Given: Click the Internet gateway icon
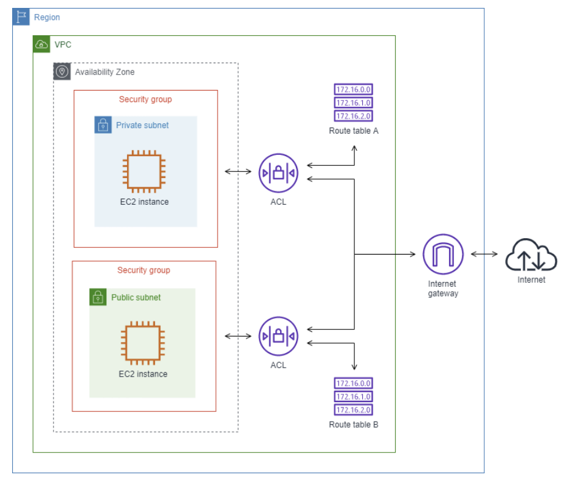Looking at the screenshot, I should coord(443,254).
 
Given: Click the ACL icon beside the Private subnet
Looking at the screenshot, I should coord(278,173).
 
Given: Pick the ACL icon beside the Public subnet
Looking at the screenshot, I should coord(278,336).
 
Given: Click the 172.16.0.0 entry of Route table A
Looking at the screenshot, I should coord(353,90).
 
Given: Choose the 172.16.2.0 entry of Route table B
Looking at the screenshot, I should coord(353,410).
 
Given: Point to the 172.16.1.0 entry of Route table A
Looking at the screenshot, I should coord(353,103).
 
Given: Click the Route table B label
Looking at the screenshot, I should coord(354,425).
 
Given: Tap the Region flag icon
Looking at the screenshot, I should coord(21,17).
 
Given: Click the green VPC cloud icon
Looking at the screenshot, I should coord(41,44).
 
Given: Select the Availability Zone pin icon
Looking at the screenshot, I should coord(62,72).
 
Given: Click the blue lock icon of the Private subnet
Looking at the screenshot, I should coord(103,125).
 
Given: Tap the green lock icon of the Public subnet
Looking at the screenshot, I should coord(98,297).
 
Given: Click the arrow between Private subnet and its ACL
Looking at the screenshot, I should coord(238,172).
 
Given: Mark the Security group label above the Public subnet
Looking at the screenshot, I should coord(143,270).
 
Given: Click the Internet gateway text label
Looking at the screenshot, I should coord(442,289).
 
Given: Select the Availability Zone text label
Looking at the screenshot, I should coord(105,72).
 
